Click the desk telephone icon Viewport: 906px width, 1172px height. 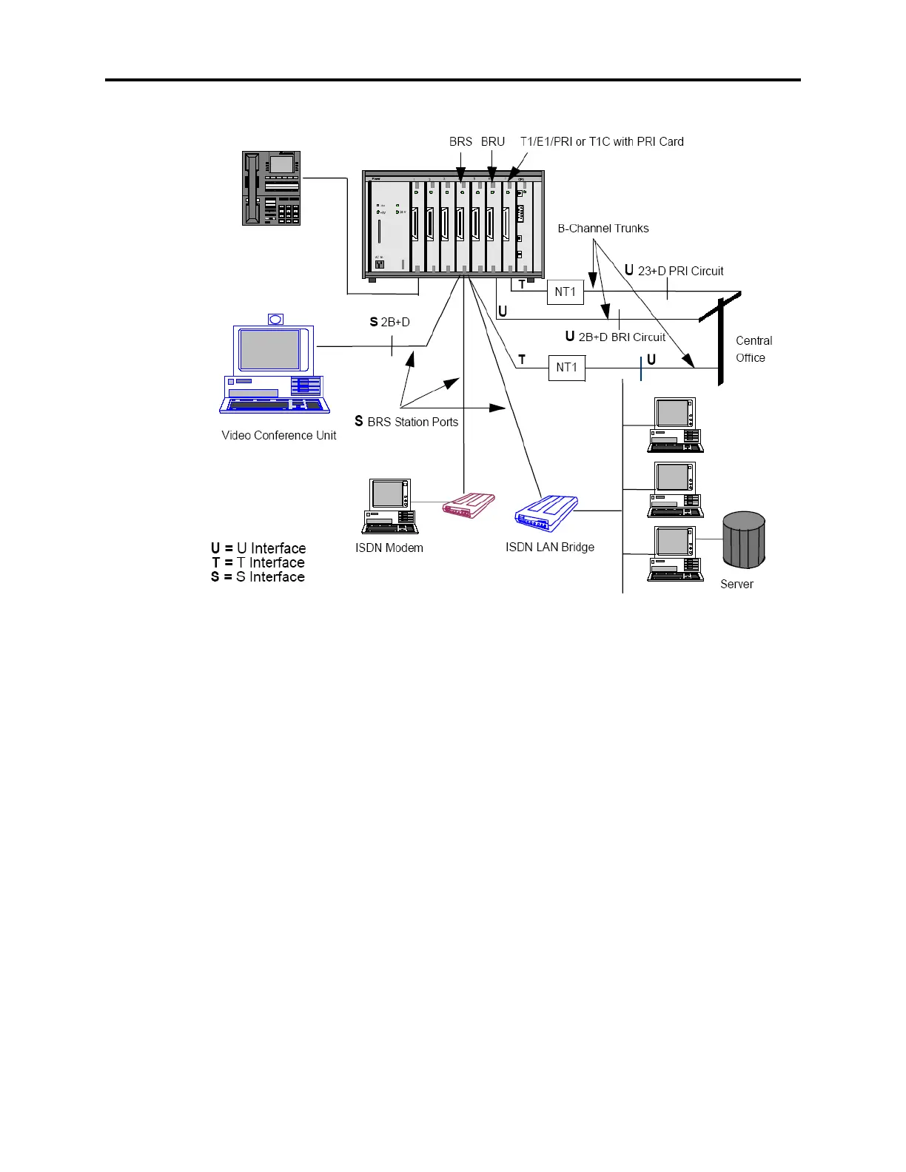[x=271, y=188]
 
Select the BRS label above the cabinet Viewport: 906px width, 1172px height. [x=460, y=141]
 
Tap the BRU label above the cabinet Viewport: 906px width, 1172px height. [x=493, y=141]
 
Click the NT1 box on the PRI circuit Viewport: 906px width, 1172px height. [x=565, y=292]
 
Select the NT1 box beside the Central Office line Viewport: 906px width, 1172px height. [x=566, y=367]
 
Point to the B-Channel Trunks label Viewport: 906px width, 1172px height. [x=603, y=228]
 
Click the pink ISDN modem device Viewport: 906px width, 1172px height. [x=468, y=508]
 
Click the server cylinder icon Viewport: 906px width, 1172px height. [x=743, y=539]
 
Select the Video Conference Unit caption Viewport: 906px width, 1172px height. [x=278, y=435]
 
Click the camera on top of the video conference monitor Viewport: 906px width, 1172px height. [x=275, y=319]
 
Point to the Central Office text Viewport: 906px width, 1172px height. [x=754, y=349]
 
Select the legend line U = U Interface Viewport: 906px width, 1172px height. [x=258, y=548]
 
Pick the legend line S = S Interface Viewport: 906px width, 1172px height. [x=258, y=577]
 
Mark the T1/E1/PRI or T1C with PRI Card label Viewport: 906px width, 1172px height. [x=602, y=141]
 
